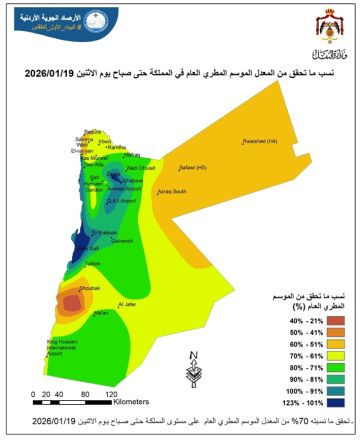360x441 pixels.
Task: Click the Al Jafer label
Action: click(126, 304)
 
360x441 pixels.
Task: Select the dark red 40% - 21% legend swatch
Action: click(289, 320)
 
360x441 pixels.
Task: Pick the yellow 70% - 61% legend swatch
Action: click(289, 356)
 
